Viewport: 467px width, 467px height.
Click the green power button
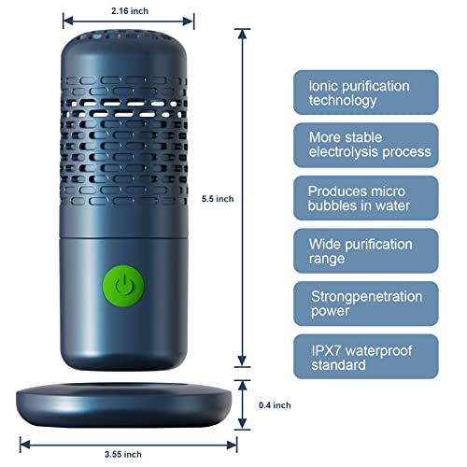click(123, 286)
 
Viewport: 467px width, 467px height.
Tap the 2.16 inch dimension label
click(130, 11)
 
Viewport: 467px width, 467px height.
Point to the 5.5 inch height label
click(218, 199)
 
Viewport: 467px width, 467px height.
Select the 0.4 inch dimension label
click(275, 405)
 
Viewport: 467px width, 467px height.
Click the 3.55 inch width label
click(123, 454)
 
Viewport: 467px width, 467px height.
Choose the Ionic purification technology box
click(366, 92)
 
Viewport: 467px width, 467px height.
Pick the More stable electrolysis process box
click(366, 145)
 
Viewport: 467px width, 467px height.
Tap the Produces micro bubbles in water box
click(366, 198)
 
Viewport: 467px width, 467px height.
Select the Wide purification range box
click(366, 251)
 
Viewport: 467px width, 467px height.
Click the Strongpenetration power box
click(366, 304)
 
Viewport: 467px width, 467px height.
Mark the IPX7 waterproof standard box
click(366, 357)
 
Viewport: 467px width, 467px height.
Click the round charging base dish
click(124, 405)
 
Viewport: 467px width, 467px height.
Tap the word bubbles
click(332, 205)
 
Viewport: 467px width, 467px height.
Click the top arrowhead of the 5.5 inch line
click(242, 34)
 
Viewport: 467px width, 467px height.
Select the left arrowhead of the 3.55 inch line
click(25, 445)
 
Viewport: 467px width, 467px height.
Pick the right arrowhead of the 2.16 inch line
click(188, 21)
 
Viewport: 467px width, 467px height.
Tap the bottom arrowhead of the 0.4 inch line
click(242, 424)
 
